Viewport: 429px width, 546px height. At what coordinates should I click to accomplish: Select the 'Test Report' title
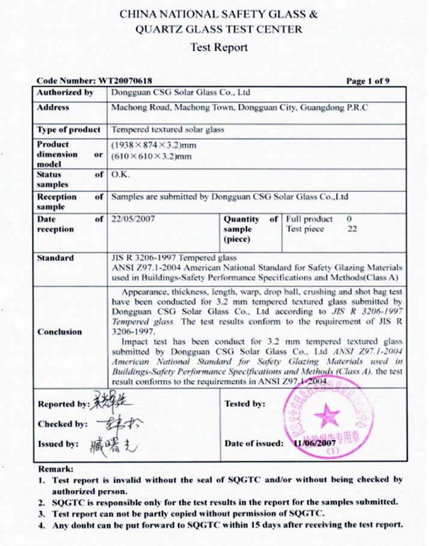click(x=218, y=48)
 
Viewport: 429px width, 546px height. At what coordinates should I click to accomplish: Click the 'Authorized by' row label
click(x=66, y=93)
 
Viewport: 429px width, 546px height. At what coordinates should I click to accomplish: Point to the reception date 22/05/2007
click(x=134, y=219)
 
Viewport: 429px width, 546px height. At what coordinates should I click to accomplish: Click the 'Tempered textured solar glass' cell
click(x=168, y=130)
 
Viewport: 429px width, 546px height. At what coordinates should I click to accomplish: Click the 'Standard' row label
click(x=55, y=258)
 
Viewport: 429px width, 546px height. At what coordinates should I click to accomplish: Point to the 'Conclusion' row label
click(x=60, y=332)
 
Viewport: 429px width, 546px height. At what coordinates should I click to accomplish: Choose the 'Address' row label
click(x=53, y=108)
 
